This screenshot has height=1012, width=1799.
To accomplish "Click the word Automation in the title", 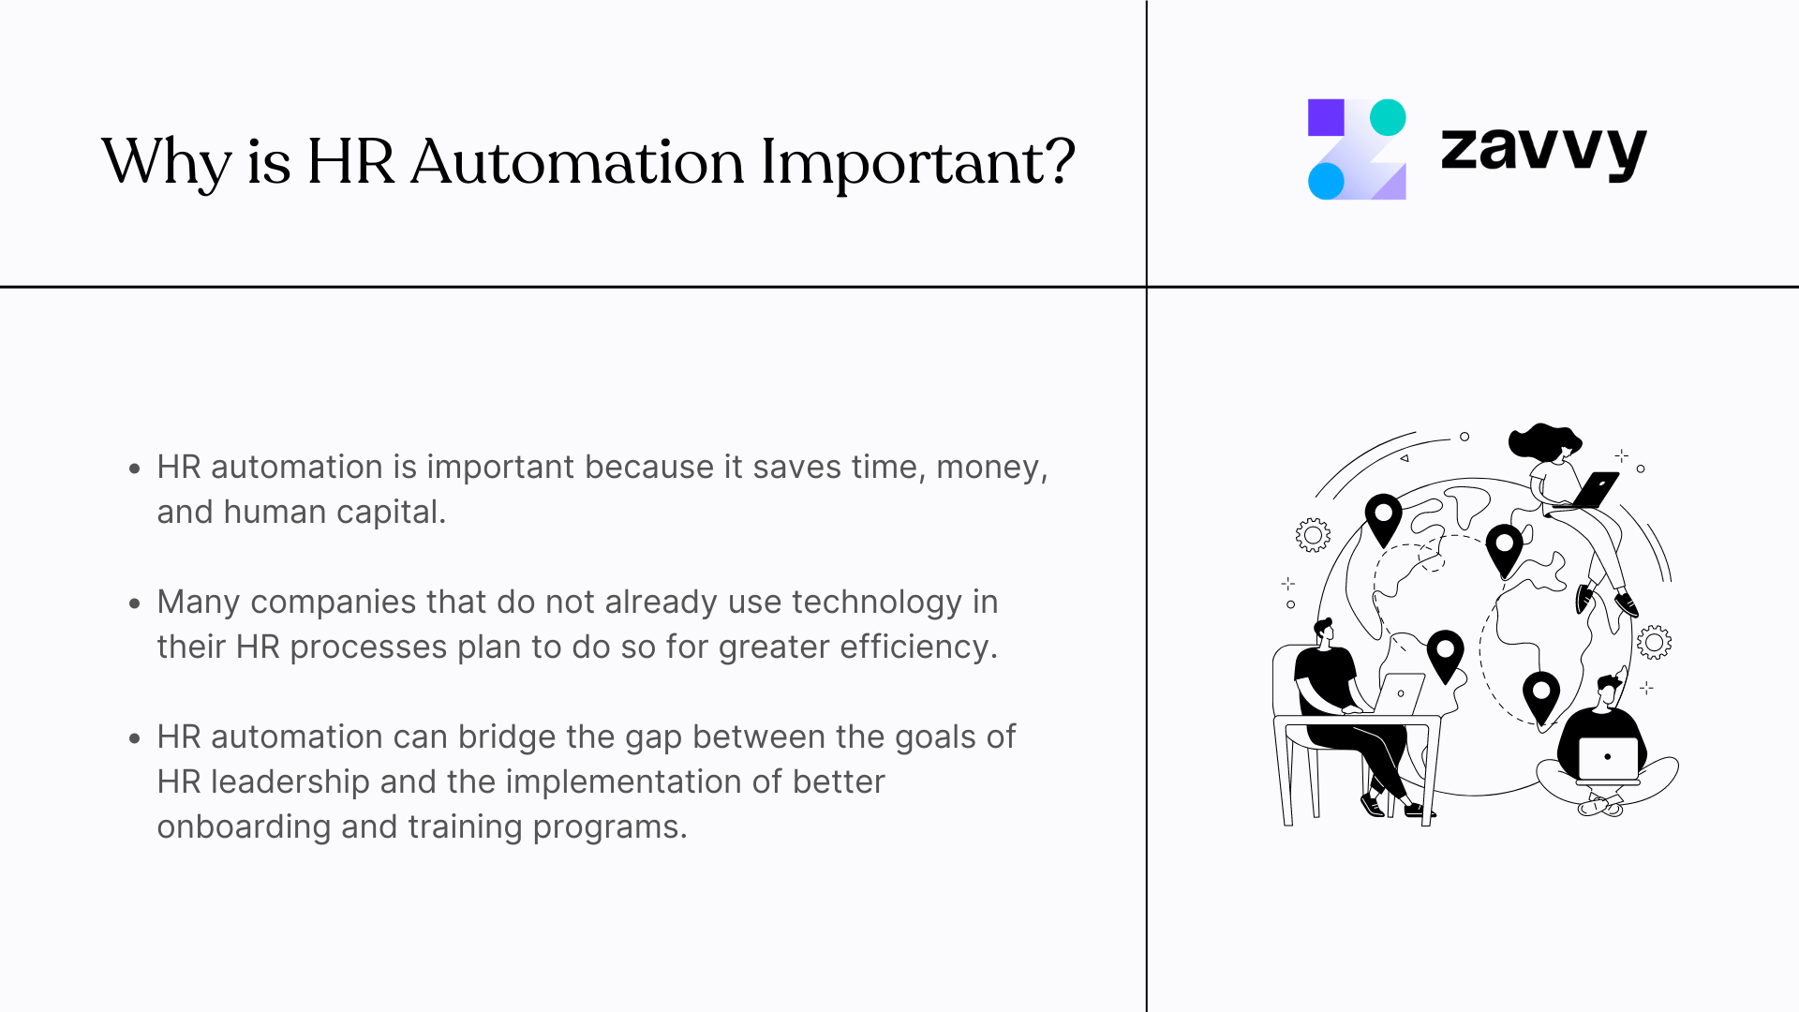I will point(576,162).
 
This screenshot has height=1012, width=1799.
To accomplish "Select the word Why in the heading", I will point(166,162).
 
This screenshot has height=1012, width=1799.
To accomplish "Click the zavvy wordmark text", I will point(1543,150).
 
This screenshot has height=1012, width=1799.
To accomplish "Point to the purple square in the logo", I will point(1326,117).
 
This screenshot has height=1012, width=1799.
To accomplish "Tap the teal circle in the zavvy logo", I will point(1388,117).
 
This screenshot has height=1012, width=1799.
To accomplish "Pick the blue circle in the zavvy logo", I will point(1326,181).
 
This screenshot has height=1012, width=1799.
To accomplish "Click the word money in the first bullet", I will point(988,467).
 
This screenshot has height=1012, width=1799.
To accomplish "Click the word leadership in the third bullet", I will point(290,781).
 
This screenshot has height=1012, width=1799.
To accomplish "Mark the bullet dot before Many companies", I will point(135,603).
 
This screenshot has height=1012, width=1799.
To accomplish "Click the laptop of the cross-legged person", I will point(1608,758).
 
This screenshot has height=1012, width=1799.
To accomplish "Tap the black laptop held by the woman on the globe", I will point(1597,488).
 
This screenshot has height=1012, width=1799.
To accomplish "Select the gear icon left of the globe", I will point(1313,535).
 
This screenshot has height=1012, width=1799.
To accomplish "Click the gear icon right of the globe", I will point(1654,642).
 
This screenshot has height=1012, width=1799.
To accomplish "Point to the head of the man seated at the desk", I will point(1324,631).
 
